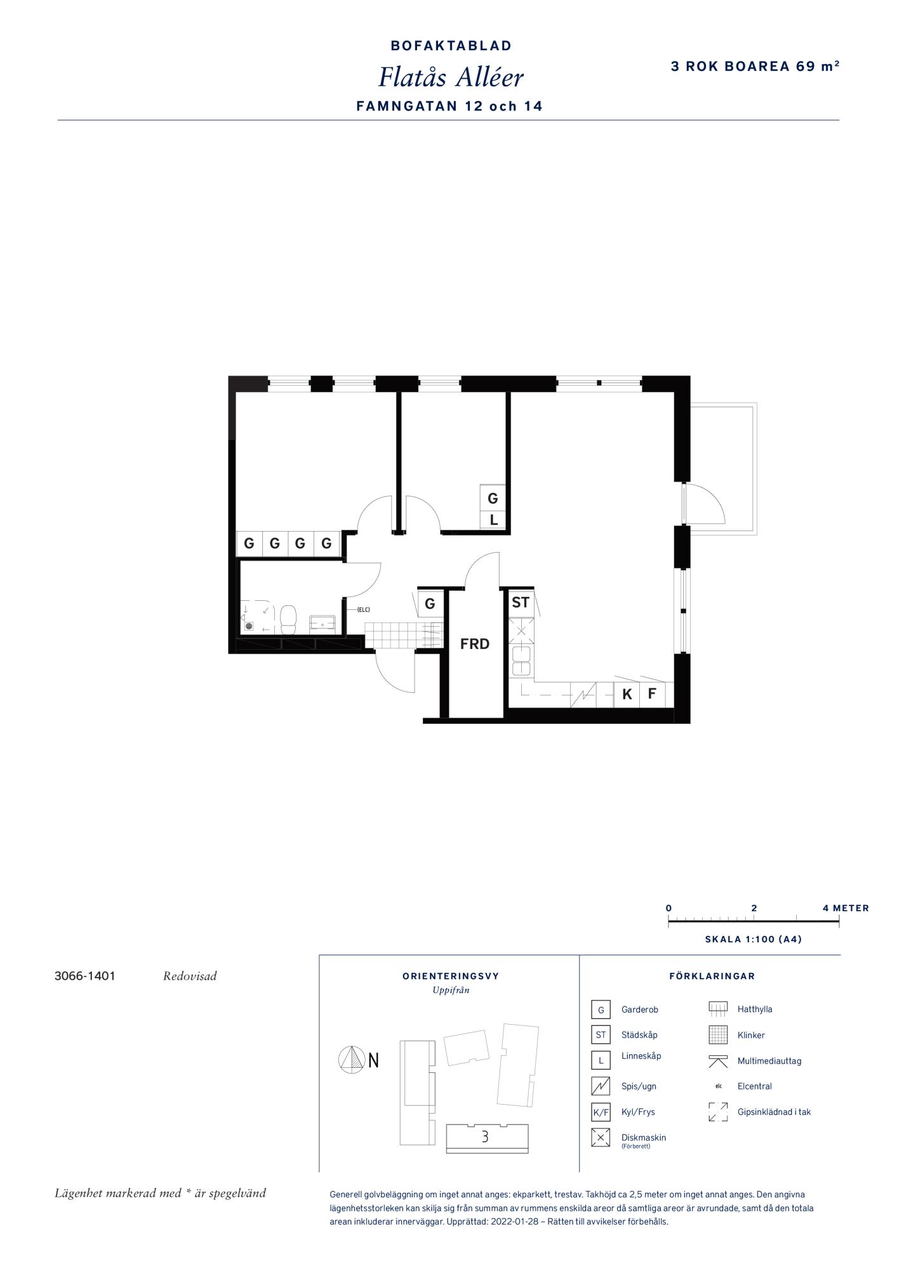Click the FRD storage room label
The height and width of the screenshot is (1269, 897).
[x=475, y=644]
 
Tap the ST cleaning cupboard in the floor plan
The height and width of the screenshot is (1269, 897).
[x=521, y=602]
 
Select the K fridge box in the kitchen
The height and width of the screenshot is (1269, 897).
[x=627, y=694]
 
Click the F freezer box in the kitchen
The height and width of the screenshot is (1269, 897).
[x=652, y=694]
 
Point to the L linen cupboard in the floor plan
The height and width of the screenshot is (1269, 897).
[x=493, y=520]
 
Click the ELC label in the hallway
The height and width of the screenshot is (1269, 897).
[x=363, y=610]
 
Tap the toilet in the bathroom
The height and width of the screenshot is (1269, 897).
[x=288, y=619]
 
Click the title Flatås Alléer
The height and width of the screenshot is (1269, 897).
[x=451, y=77]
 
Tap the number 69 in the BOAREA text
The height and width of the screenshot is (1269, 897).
[x=806, y=66]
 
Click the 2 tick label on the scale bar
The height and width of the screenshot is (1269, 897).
[x=754, y=908]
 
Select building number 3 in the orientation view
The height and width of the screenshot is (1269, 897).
[x=485, y=1136]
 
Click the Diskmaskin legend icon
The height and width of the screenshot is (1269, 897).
[x=601, y=1138]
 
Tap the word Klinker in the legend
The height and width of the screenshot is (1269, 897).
[x=751, y=1035]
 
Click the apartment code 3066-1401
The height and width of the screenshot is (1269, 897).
[x=85, y=976]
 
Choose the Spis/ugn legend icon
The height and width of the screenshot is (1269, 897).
[x=601, y=1086]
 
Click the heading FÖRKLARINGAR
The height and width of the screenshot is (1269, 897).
[x=712, y=976]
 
